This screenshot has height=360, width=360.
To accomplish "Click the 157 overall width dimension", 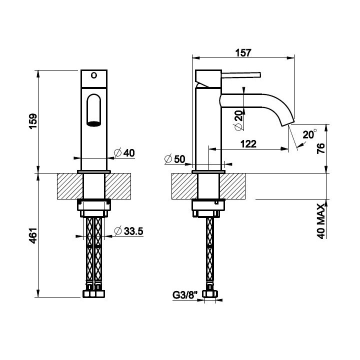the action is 243,53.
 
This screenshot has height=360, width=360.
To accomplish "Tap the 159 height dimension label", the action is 33,121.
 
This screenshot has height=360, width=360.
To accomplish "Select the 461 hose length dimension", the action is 33,235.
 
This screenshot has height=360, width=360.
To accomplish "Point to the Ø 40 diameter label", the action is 124,153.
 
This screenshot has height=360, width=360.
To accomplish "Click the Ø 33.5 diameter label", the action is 129,231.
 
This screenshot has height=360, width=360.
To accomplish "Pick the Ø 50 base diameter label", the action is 175,159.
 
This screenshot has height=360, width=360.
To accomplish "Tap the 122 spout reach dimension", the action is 248,144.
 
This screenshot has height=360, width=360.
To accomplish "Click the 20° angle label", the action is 309,134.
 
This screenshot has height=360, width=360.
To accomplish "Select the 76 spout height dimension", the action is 320,148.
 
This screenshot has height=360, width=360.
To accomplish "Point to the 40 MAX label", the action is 321,221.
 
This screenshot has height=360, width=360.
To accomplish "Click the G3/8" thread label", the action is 185,295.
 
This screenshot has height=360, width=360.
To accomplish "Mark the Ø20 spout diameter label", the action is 238,120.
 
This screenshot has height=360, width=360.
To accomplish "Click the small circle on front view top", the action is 94,75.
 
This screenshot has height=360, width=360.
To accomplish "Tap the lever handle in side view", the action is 241,75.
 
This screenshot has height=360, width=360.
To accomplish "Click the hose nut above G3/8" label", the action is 210,293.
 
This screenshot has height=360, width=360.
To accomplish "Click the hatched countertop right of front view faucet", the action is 118,186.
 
